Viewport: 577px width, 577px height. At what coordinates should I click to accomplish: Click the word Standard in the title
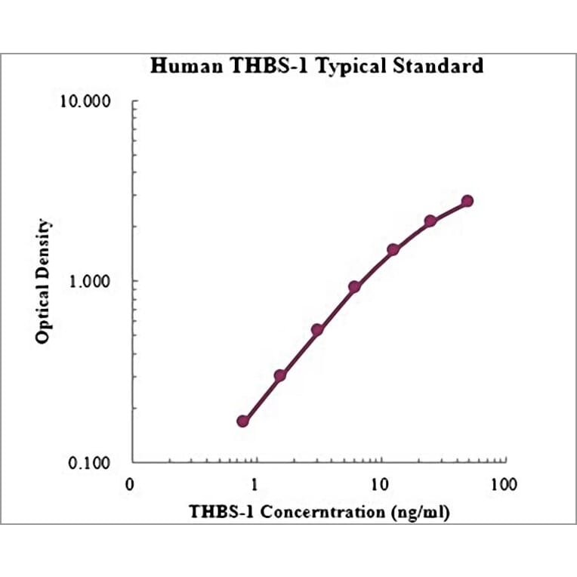click(440, 66)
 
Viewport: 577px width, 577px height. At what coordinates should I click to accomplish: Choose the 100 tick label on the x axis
click(503, 485)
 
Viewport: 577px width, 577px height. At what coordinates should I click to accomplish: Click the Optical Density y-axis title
click(43, 281)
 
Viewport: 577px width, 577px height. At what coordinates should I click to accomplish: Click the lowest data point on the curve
click(243, 421)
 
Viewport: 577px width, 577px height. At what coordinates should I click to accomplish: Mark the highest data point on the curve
click(467, 201)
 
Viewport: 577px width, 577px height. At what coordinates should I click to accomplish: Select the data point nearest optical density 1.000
click(354, 287)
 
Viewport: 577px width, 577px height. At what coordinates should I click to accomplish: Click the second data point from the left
click(280, 375)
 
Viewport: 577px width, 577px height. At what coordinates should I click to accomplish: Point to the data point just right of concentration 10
click(393, 249)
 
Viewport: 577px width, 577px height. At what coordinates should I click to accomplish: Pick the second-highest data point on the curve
click(430, 221)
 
